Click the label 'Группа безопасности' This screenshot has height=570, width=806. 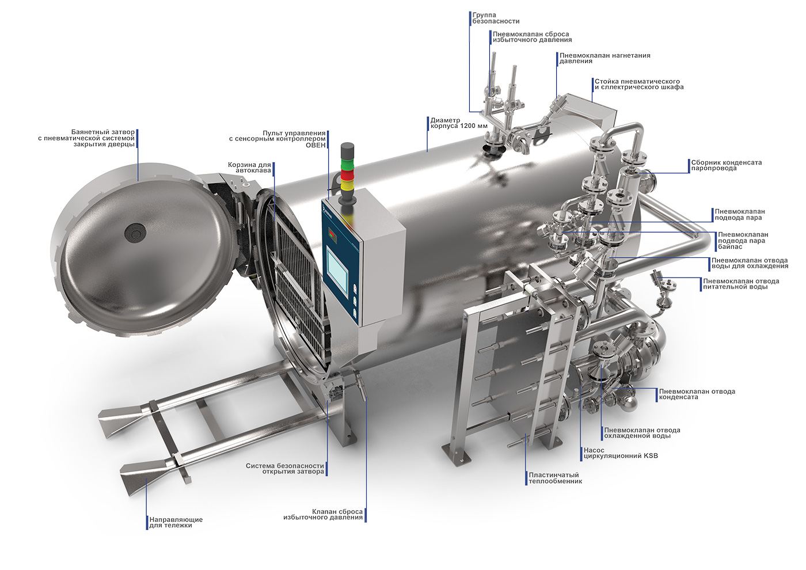[496, 18]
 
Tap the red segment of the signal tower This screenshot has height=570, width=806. [348, 175]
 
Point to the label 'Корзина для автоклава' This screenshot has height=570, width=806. [249, 168]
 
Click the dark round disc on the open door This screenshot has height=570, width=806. [135, 232]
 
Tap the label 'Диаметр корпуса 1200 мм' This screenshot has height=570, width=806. [459, 123]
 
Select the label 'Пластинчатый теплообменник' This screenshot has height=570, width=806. [555, 478]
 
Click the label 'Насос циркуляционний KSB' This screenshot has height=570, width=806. [621, 453]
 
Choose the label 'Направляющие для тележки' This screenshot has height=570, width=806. [176, 522]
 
